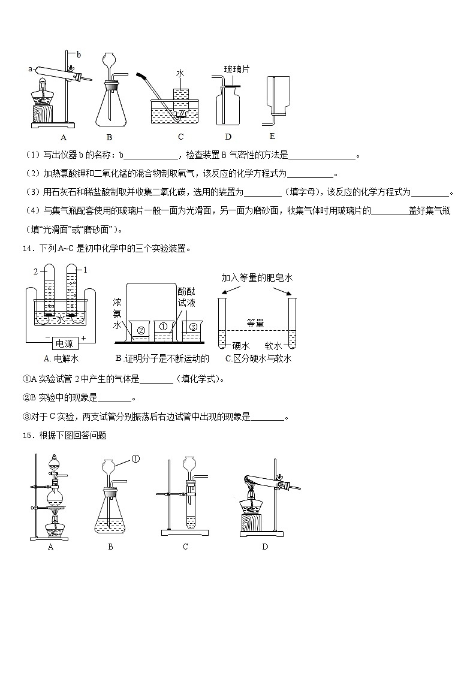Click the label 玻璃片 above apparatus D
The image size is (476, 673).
point(237,70)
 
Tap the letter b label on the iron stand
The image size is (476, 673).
point(79,55)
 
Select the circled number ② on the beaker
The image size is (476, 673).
point(141,329)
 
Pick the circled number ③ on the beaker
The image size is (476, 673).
point(193,327)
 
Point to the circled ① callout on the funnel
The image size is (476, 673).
point(135,460)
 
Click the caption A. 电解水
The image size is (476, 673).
point(62,358)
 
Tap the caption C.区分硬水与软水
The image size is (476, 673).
point(258,358)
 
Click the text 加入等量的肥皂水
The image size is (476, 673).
point(257,278)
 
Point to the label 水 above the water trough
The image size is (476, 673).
point(180,74)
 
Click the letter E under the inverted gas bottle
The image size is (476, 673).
point(272,136)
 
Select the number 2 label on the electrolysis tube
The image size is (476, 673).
point(35,271)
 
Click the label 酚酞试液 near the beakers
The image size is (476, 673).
point(186,297)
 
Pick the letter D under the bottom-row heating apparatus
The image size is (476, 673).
point(265,547)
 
